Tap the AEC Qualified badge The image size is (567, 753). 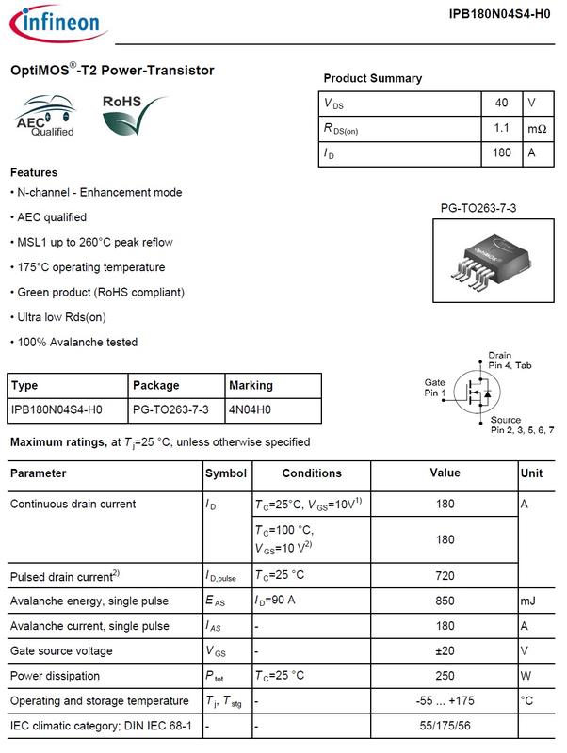[45, 119]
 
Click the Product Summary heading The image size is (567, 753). [372, 79]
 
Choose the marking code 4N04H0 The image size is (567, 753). [251, 410]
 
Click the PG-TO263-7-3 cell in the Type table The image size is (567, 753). [170, 410]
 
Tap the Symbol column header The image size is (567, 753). [226, 473]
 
